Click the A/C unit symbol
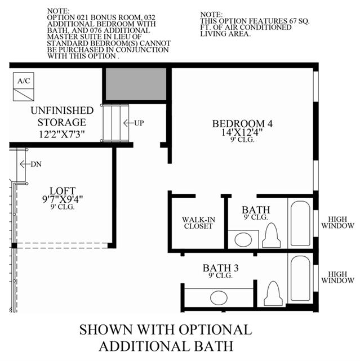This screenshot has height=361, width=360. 24,87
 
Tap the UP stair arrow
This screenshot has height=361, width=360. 128,123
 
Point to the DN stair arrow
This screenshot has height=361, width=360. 25,164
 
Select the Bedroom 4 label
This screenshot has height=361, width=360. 242,124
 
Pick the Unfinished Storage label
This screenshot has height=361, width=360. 62,116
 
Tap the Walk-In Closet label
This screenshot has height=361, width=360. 198,222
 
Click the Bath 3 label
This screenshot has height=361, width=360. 220,268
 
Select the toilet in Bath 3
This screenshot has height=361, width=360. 273,293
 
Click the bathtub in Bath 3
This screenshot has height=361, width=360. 300,278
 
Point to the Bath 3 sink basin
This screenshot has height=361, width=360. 219,297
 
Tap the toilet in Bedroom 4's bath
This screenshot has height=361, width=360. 272,235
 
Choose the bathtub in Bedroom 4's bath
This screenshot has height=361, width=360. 300,224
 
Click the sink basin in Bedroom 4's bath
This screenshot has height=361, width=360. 243,239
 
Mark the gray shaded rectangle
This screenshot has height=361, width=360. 136,84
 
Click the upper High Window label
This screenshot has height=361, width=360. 337,222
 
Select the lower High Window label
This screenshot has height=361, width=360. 337,277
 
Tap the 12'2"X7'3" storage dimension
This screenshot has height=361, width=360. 62,134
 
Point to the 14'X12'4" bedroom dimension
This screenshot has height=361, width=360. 242,132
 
